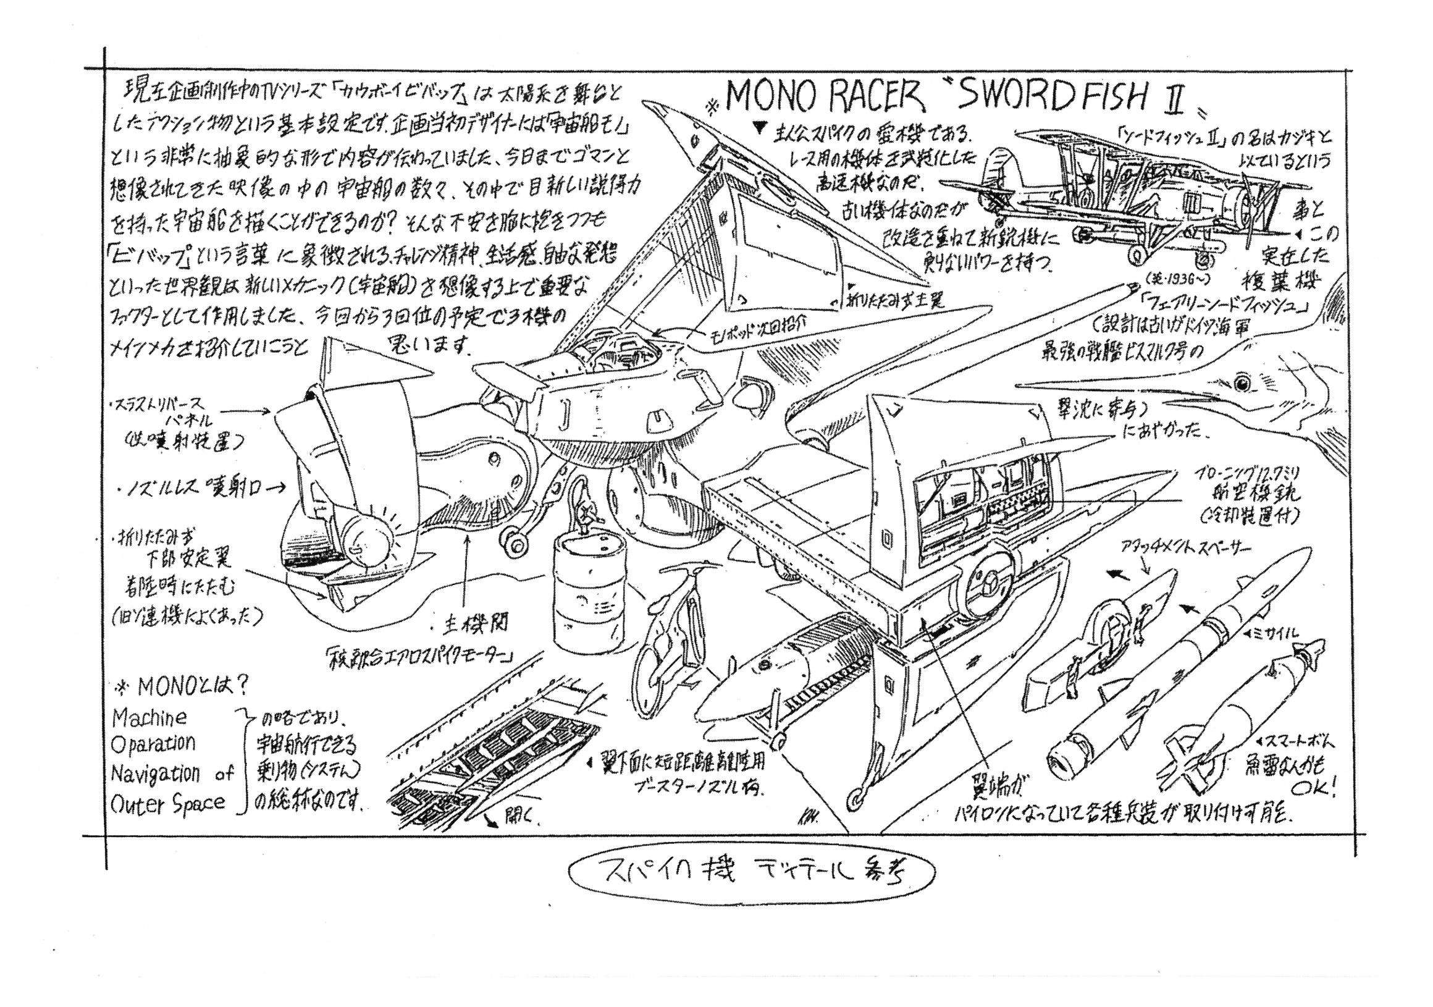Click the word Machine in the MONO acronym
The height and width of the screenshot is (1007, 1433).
point(148,718)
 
